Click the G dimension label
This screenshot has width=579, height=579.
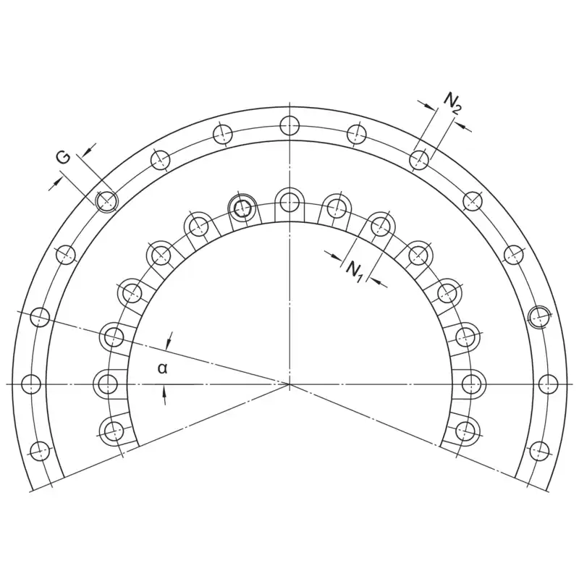(63, 158)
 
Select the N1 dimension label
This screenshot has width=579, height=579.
(354, 271)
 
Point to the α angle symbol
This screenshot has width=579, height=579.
(162, 368)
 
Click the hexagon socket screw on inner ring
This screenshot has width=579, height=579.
(242, 208)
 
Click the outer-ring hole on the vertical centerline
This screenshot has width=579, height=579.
(290, 125)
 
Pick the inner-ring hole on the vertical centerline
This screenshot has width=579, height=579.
(290, 202)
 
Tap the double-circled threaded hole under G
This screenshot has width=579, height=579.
(106, 202)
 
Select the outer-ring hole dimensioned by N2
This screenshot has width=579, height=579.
(420, 160)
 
